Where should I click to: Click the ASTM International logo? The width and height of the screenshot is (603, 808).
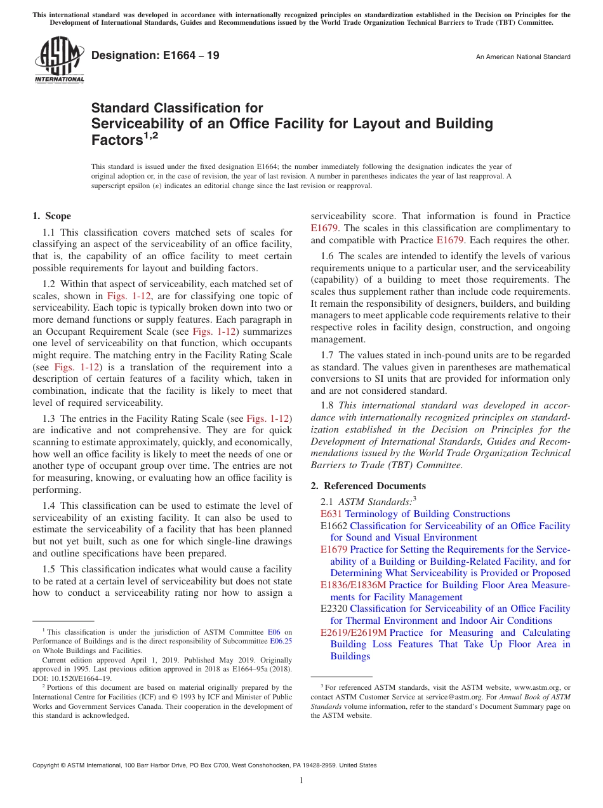[58, 60]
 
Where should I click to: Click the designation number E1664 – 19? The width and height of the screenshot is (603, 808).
[156, 56]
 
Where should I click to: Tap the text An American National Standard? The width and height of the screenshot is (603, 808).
[522, 57]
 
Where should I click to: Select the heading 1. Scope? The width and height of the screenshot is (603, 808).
[51, 216]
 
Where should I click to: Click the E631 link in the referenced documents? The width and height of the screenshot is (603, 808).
[331, 514]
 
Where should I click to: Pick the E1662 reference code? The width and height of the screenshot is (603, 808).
[334, 526]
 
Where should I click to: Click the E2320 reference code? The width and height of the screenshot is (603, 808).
[334, 609]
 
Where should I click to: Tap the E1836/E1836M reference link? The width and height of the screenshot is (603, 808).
[353, 585]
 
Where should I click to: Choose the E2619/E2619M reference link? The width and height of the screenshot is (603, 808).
[353, 633]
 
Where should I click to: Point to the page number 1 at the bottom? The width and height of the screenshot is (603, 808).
[301, 781]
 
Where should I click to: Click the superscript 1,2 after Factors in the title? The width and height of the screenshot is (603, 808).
[151, 135]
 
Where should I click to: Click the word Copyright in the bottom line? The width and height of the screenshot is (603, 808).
[48, 765]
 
